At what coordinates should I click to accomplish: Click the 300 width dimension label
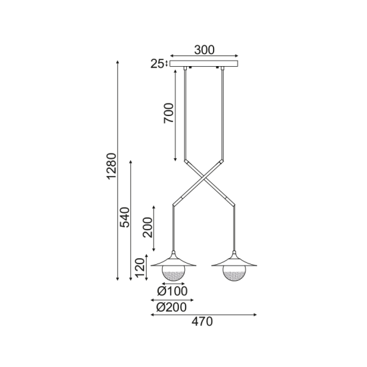(x=204, y=49)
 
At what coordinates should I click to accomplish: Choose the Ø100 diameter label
(x=172, y=291)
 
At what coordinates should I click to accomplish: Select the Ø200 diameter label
(x=172, y=306)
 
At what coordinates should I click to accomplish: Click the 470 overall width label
(x=202, y=322)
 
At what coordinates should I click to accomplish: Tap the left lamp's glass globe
(x=173, y=273)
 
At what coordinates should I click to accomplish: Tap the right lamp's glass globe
(x=235, y=273)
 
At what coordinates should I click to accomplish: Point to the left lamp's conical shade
(x=173, y=260)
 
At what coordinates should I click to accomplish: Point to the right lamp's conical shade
(x=235, y=260)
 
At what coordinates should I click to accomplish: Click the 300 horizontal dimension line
(x=204, y=56)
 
